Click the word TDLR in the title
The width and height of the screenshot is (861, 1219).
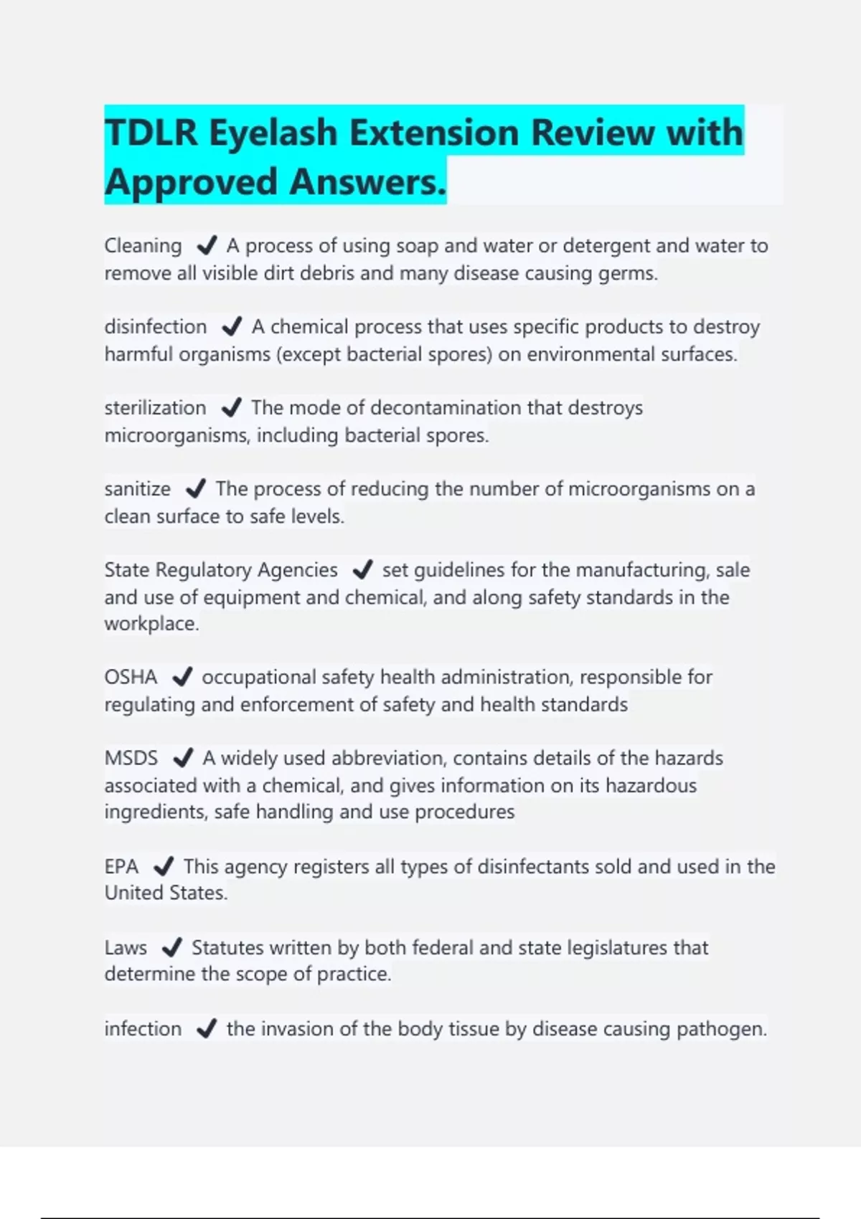[151, 133]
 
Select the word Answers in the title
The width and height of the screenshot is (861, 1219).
[367, 182]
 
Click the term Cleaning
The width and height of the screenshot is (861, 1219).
[143, 246]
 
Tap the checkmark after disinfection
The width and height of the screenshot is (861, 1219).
[231, 327]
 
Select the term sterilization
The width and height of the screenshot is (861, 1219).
[155, 408]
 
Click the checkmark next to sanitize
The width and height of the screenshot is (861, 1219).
[195, 489]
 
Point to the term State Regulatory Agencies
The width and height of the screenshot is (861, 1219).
[221, 570]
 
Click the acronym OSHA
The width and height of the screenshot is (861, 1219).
[131, 677]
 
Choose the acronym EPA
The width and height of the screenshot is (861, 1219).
[121, 866]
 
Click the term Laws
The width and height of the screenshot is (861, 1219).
[126, 948]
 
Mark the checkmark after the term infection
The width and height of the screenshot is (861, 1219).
[206, 1029]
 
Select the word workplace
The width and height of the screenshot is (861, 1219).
[151, 624]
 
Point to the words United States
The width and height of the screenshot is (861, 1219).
[166, 893]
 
